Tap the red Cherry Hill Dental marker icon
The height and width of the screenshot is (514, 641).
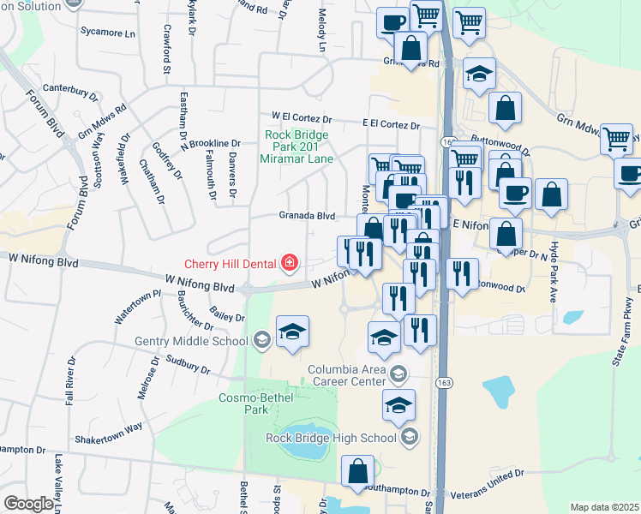point(290,261)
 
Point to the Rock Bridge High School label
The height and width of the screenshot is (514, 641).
point(330,438)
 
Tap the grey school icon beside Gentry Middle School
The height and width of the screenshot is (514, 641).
point(262,341)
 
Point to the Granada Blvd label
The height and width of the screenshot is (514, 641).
point(305,217)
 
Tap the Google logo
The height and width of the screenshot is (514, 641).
point(28,504)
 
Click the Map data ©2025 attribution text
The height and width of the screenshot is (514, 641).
point(604,507)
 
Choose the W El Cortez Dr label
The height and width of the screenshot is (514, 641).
point(302,117)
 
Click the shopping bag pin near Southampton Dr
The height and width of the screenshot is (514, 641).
point(357,471)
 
